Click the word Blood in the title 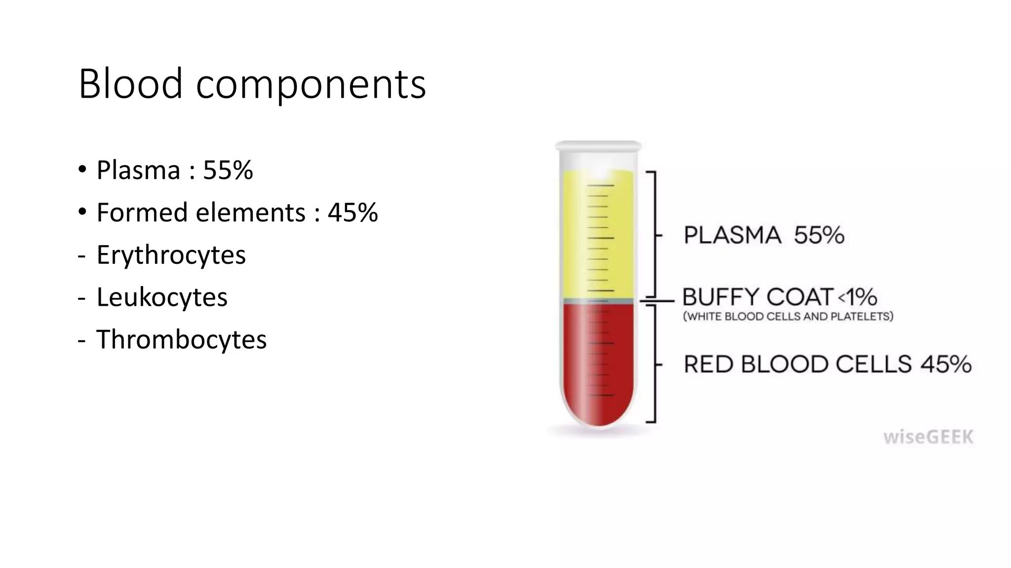point(130,84)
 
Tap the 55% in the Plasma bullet point(228,170)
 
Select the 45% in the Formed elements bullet point(352,213)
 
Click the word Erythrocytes point(171,255)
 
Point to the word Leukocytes point(162,297)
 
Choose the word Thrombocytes point(181,340)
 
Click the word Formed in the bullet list point(143,213)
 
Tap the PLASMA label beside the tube point(733,235)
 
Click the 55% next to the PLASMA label point(819,235)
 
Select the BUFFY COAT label point(758,297)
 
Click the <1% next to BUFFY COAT point(857,297)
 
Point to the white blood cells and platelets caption point(788,317)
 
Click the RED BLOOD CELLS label point(797,364)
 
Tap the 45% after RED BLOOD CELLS point(946,364)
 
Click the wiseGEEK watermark point(928,437)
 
